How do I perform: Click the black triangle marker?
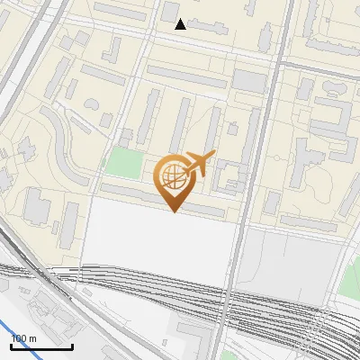click(x=181, y=24)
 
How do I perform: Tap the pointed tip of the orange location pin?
click(x=174, y=211)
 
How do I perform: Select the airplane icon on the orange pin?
click(x=200, y=164)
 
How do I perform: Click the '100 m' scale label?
click(x=23, y=338)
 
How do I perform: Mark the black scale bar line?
click(x=41, y=346)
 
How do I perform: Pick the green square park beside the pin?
click(x=124, y=164)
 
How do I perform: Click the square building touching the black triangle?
click(x=169, y=11)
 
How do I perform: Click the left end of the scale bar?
click(x=11, y=346)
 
